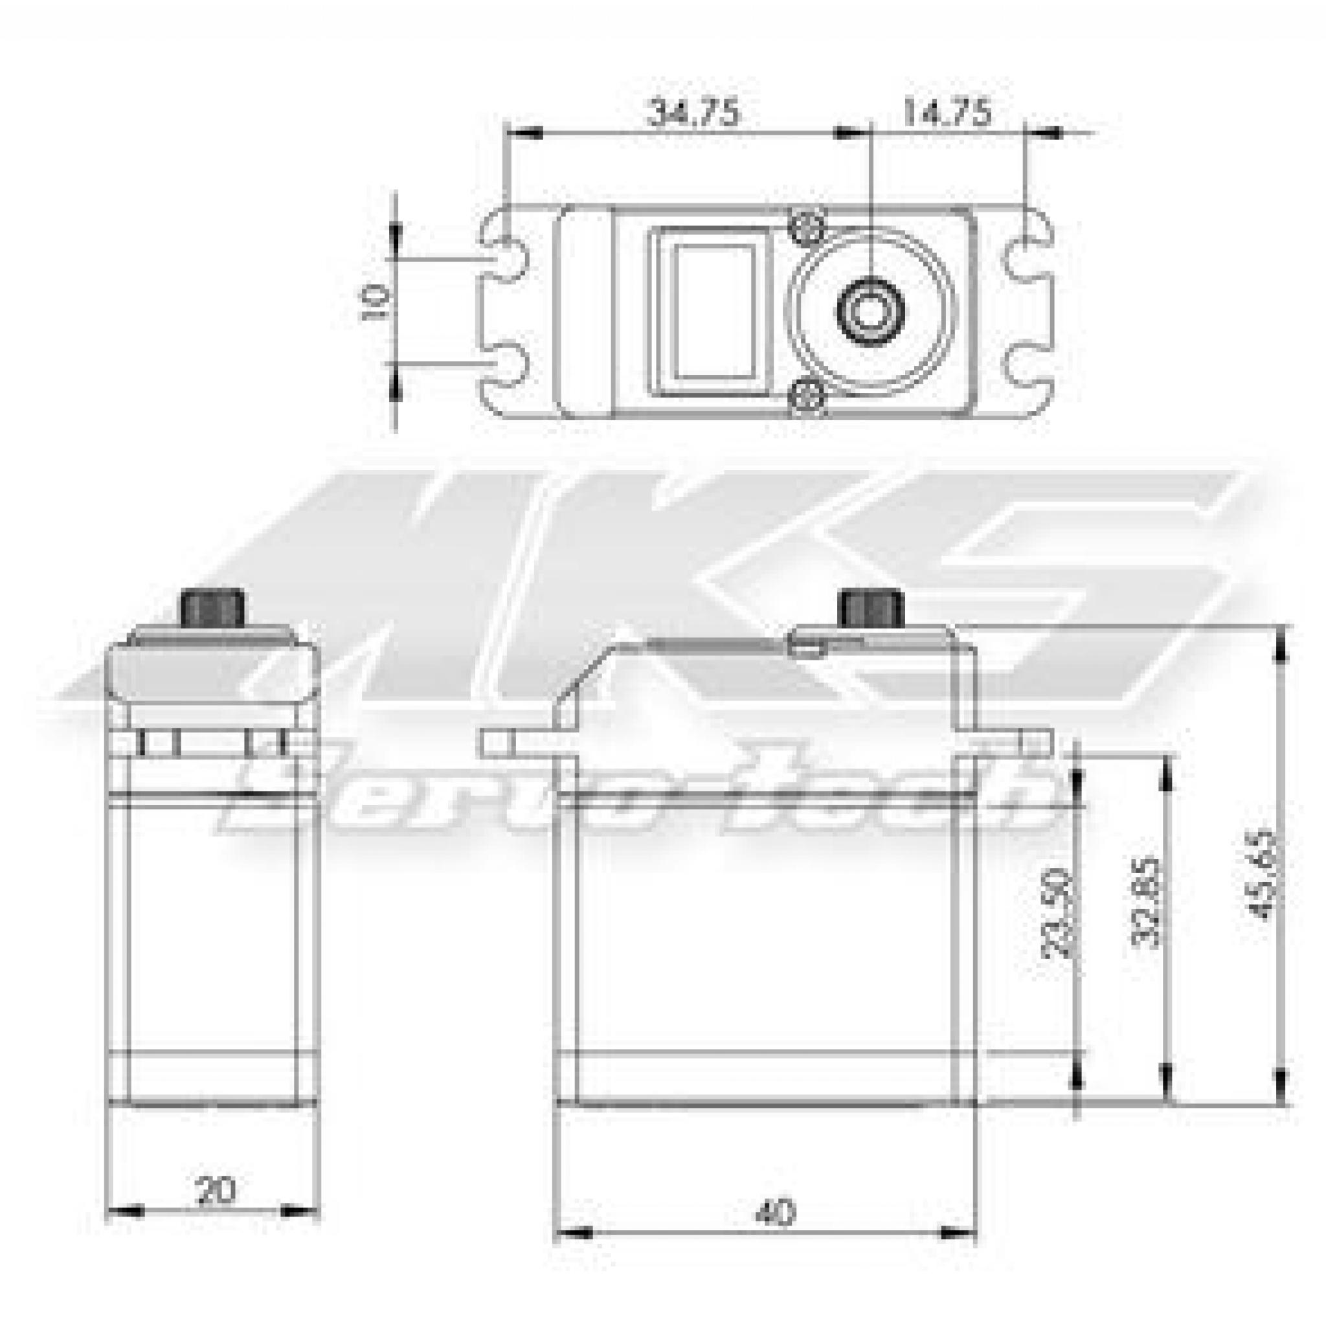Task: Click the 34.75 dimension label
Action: (x=694, y=113)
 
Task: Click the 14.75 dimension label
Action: (x=947, y=113)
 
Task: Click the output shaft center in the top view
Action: (x=870, y=311)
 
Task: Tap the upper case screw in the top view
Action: (x=807, y=227)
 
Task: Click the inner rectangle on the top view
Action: (x=714, y=312)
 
